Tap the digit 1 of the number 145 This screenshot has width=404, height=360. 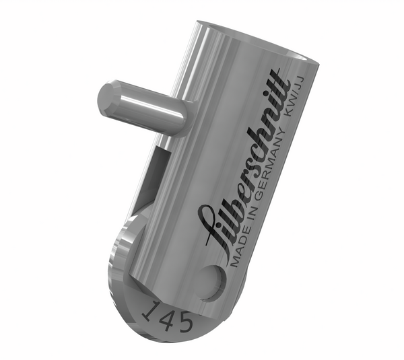150,310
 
